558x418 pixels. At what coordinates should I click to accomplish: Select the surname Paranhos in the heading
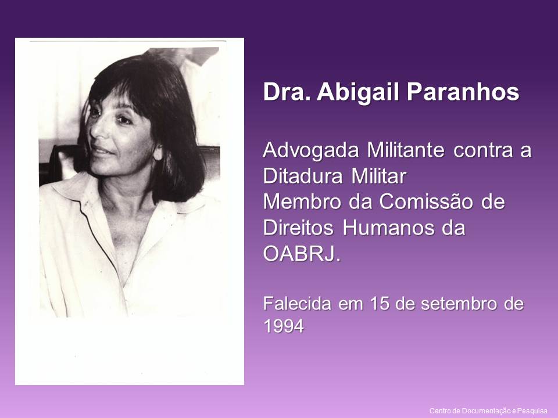coord(463,92)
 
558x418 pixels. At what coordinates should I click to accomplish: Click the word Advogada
coord(312,150)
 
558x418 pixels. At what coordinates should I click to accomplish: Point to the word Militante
coord(406,150)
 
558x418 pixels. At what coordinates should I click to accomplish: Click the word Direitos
coord(299,228)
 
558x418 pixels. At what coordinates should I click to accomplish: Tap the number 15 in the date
coord(379,304)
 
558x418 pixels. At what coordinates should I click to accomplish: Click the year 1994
coord(284,326)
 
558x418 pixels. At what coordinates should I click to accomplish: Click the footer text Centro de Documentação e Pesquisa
coord(488,411)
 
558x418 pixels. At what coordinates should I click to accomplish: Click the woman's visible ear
coord(158,151)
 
